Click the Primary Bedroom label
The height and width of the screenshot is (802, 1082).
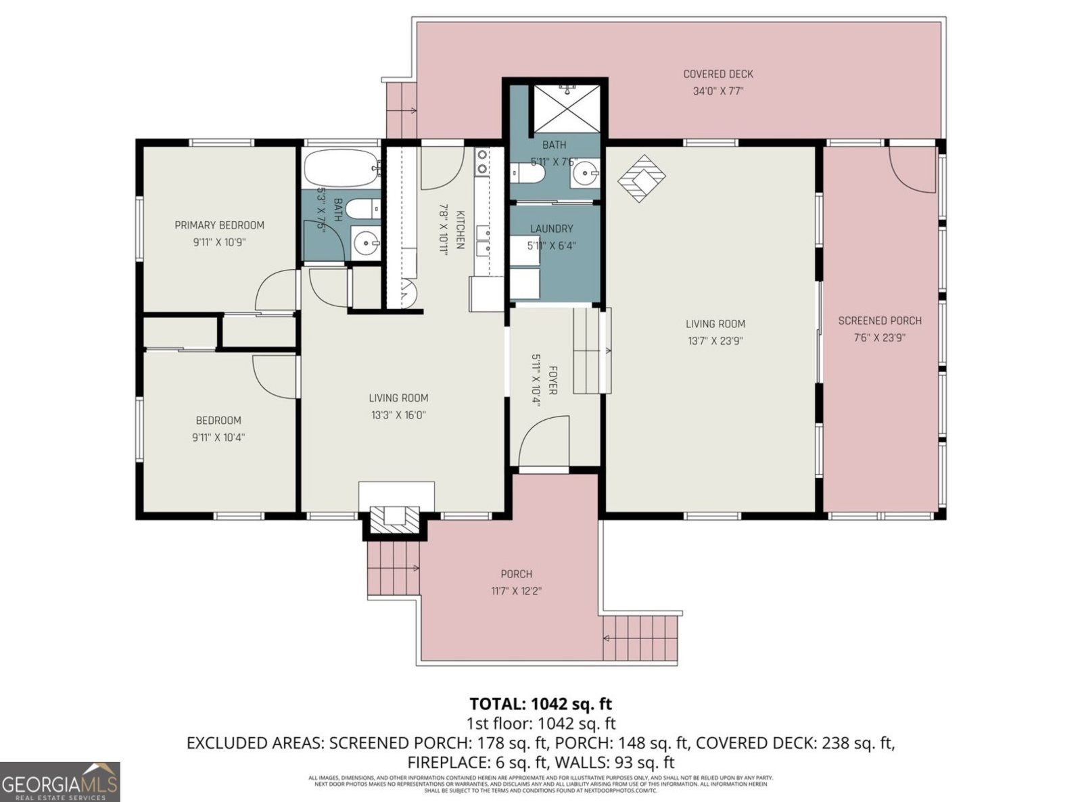(x=219, y=225)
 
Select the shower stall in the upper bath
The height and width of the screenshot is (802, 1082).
(x=563, y=108)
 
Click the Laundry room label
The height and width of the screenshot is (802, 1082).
(x=551, y=229)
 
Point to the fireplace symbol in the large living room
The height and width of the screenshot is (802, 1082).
(x=641, y=178)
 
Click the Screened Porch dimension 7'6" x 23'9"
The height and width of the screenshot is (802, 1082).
(x=879, y=337)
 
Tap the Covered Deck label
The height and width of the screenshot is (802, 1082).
(x=718, y=74)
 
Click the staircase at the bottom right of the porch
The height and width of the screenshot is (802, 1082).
(x=640, y=638)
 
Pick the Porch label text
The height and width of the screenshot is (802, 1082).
(x=516, y=574)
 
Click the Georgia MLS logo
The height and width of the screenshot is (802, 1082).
(x=60, y=781)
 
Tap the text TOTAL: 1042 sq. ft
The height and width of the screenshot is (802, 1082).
(x=540, y=704)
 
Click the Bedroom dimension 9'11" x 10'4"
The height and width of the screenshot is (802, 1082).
(x=218, y=438)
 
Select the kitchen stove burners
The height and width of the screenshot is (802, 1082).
(x=481, y=162)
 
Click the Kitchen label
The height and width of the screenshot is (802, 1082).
(x=460, y=230)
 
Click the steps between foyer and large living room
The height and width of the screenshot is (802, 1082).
(x=591, y=350)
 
